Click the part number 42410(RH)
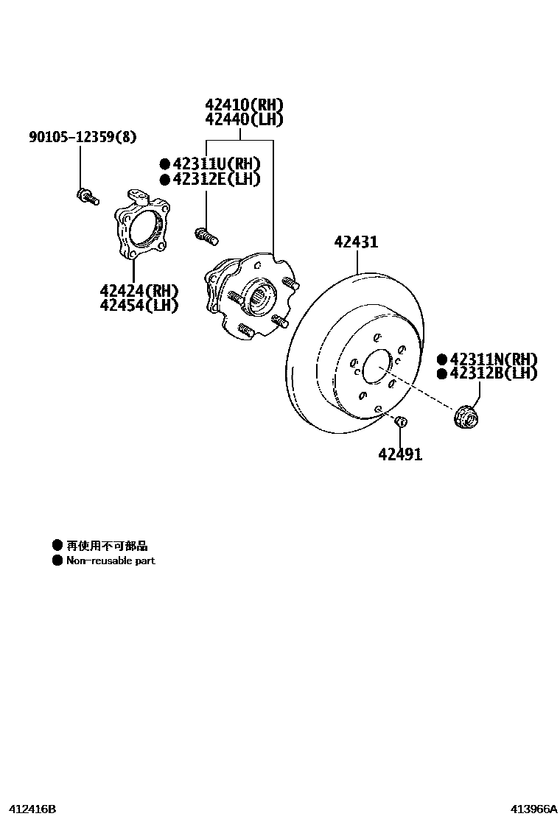pos(244,105)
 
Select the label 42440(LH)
pos(244,119)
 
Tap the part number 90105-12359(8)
pos(83,137)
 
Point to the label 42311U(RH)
pos(216,164)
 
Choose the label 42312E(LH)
pos(216,179)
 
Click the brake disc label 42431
pos(356,242)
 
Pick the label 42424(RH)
pos(139,290)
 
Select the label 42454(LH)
pos(139,305)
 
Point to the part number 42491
pos(400,454)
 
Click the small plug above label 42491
pos(401,421)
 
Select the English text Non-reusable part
pos(111,560)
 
